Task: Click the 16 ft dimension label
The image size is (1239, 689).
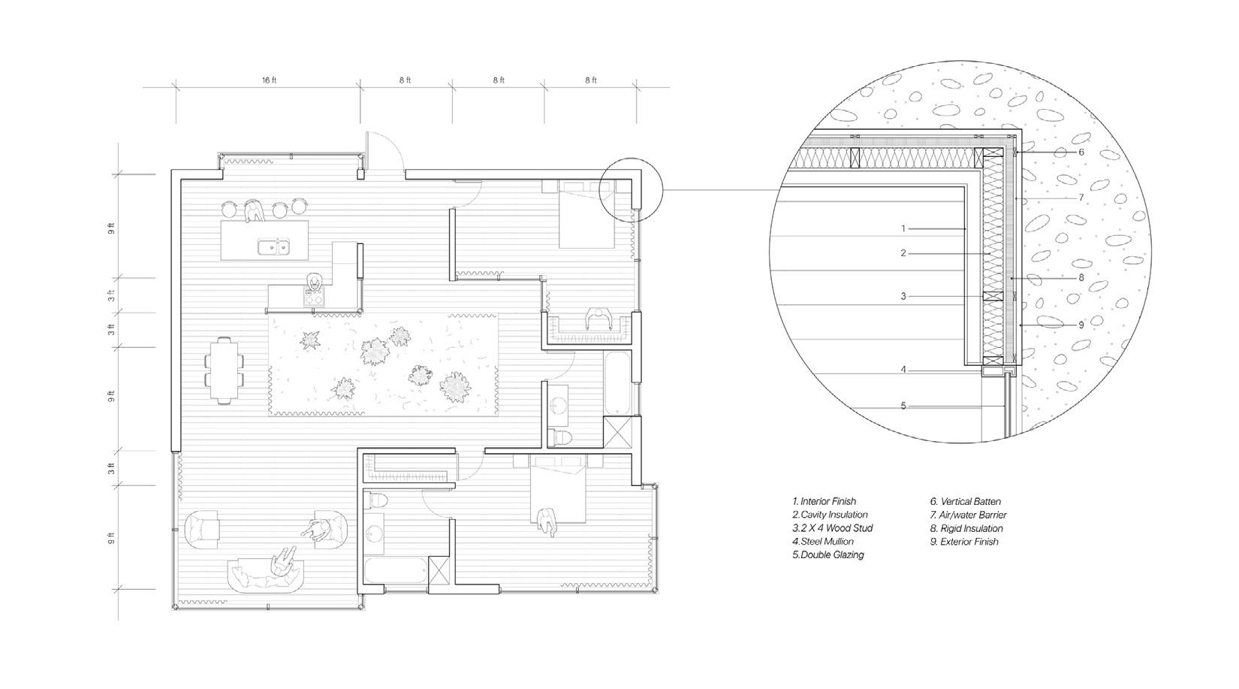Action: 269,80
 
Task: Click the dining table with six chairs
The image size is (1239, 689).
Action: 224,370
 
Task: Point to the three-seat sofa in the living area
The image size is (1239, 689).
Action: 268,576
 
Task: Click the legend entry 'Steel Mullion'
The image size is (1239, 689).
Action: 823,541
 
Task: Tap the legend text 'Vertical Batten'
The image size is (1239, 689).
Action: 965,501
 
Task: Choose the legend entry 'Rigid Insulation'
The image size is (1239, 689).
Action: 966,528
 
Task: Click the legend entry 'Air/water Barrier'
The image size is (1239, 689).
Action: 968,515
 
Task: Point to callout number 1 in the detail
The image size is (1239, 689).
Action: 904,228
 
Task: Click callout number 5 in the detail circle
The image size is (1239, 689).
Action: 903,406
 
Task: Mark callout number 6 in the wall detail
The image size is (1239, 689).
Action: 1081,152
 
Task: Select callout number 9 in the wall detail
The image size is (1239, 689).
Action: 1081,325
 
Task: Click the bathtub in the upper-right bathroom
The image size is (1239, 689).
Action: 617,383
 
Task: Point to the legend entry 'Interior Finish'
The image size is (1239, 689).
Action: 824,501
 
